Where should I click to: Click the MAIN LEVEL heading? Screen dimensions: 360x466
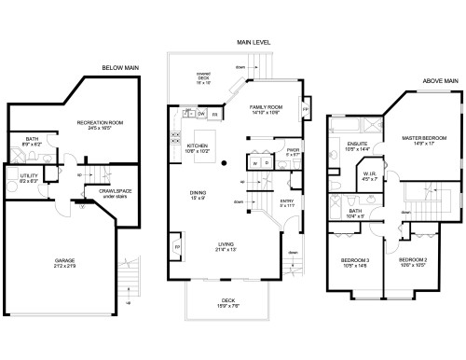point(254,43)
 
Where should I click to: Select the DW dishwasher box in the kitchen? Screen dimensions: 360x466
point(201,114)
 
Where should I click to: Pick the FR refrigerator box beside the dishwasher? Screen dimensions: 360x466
point(215,114)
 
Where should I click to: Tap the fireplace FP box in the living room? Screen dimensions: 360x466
point(177,247)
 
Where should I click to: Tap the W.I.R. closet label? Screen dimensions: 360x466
point(371,175)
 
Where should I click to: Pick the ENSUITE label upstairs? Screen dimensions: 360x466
point(358,145)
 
